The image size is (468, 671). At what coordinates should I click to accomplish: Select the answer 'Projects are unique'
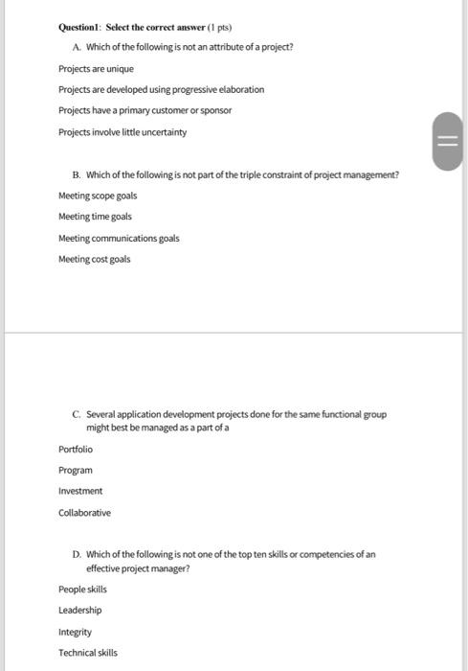click(96, 69)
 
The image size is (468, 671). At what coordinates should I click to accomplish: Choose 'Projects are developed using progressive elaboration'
click(161, 89)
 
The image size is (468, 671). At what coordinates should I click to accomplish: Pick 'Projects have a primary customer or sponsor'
click(145, 110)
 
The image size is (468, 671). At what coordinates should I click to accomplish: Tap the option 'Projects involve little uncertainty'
click(123, 132)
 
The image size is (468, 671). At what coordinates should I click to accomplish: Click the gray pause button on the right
click(447, 142)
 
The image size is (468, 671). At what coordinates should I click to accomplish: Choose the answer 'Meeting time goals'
click(95, 217)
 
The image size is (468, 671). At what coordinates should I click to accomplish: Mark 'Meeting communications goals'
click(119, 238)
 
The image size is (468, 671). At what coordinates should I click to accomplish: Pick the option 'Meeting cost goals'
click(94, 259)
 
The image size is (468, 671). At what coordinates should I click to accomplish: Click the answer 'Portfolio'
click(76, 449)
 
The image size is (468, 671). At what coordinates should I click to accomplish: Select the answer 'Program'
click(76, 470)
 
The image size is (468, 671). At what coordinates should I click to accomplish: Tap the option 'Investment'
click(80, 491)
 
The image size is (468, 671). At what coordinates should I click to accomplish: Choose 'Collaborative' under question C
click(84, 513)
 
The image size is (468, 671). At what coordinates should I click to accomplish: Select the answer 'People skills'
click(82, 590)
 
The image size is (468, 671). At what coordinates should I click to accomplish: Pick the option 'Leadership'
click(79, 611)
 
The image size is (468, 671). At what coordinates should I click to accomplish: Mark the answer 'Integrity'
click(75, 632)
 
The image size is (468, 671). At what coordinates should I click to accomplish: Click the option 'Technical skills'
click(88, 653)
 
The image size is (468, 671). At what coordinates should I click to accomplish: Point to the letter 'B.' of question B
click(77, 174)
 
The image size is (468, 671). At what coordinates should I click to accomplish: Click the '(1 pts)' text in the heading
click(219, 27)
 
